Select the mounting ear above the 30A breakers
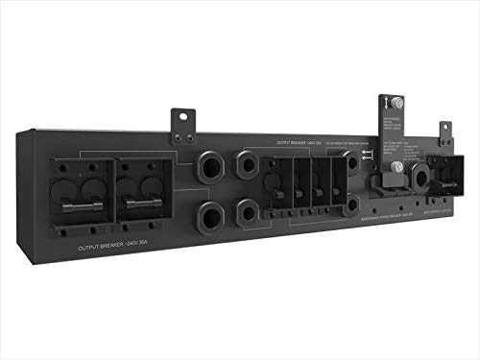[x=182, y=122]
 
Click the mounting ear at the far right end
[x=444, y=132]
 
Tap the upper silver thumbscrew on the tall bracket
[x=395, y=102]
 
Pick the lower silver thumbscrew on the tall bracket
[x=396, y=168]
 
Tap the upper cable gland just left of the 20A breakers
[x=248, y=166]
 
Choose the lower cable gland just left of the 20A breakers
[x=248, y=207]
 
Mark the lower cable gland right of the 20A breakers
[x=353, y=203]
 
